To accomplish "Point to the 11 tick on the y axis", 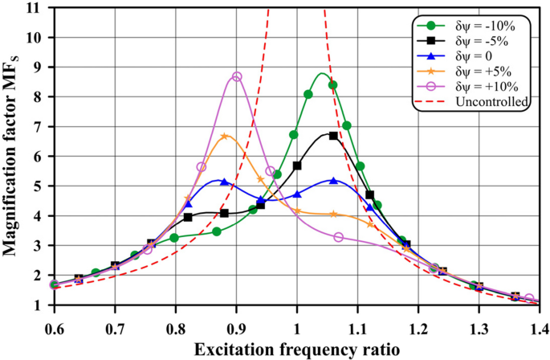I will point(37,8).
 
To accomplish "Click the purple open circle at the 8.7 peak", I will point(236,77).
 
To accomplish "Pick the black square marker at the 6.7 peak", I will point(333,136).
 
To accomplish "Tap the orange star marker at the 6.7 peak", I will point(225,136).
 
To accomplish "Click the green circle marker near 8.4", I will point(332,85).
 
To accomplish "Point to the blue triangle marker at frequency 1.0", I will point(297,194).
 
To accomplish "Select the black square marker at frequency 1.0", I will point(297,166).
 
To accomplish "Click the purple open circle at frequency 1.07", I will point(339,237).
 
